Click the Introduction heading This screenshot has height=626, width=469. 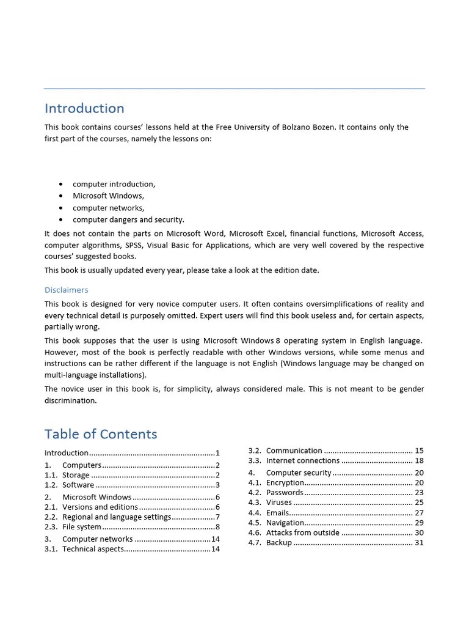pos(84,109)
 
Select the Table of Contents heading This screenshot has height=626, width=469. pos(101,435)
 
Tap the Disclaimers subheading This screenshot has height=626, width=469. pos(66,290)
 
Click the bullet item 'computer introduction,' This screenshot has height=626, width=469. pos(114,184)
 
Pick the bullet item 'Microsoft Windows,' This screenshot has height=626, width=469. pos(108,196)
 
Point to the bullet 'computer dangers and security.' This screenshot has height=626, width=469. pos(128,219)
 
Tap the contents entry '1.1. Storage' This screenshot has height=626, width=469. pos(76,475)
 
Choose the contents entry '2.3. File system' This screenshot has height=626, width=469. pos(81,526)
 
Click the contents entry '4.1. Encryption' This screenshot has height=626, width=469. pos(285,482)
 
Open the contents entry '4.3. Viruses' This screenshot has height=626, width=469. pos(278,503)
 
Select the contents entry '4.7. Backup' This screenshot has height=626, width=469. pos(278,542)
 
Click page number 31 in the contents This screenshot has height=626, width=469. pos(419,542)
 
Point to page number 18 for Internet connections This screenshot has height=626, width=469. pos(419,460)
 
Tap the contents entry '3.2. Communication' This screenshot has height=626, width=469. pos(294,451)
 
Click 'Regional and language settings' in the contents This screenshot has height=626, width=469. pos(117,517)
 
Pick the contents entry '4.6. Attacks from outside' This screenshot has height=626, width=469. pos(302,532)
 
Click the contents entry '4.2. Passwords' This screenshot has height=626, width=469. pos(285,492)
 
